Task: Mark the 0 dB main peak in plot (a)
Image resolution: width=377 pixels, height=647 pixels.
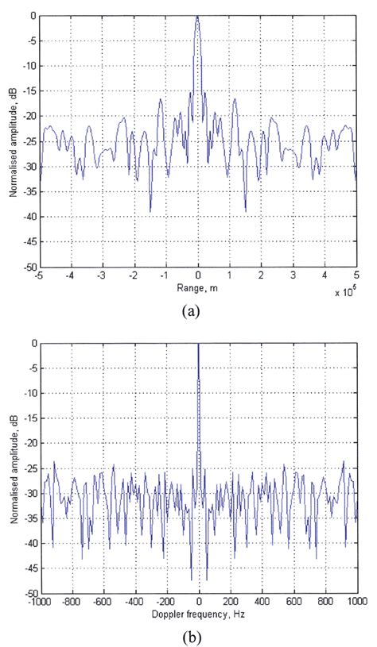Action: (198, 17)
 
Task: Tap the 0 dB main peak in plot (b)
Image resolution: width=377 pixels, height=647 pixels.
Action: (198, 345)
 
